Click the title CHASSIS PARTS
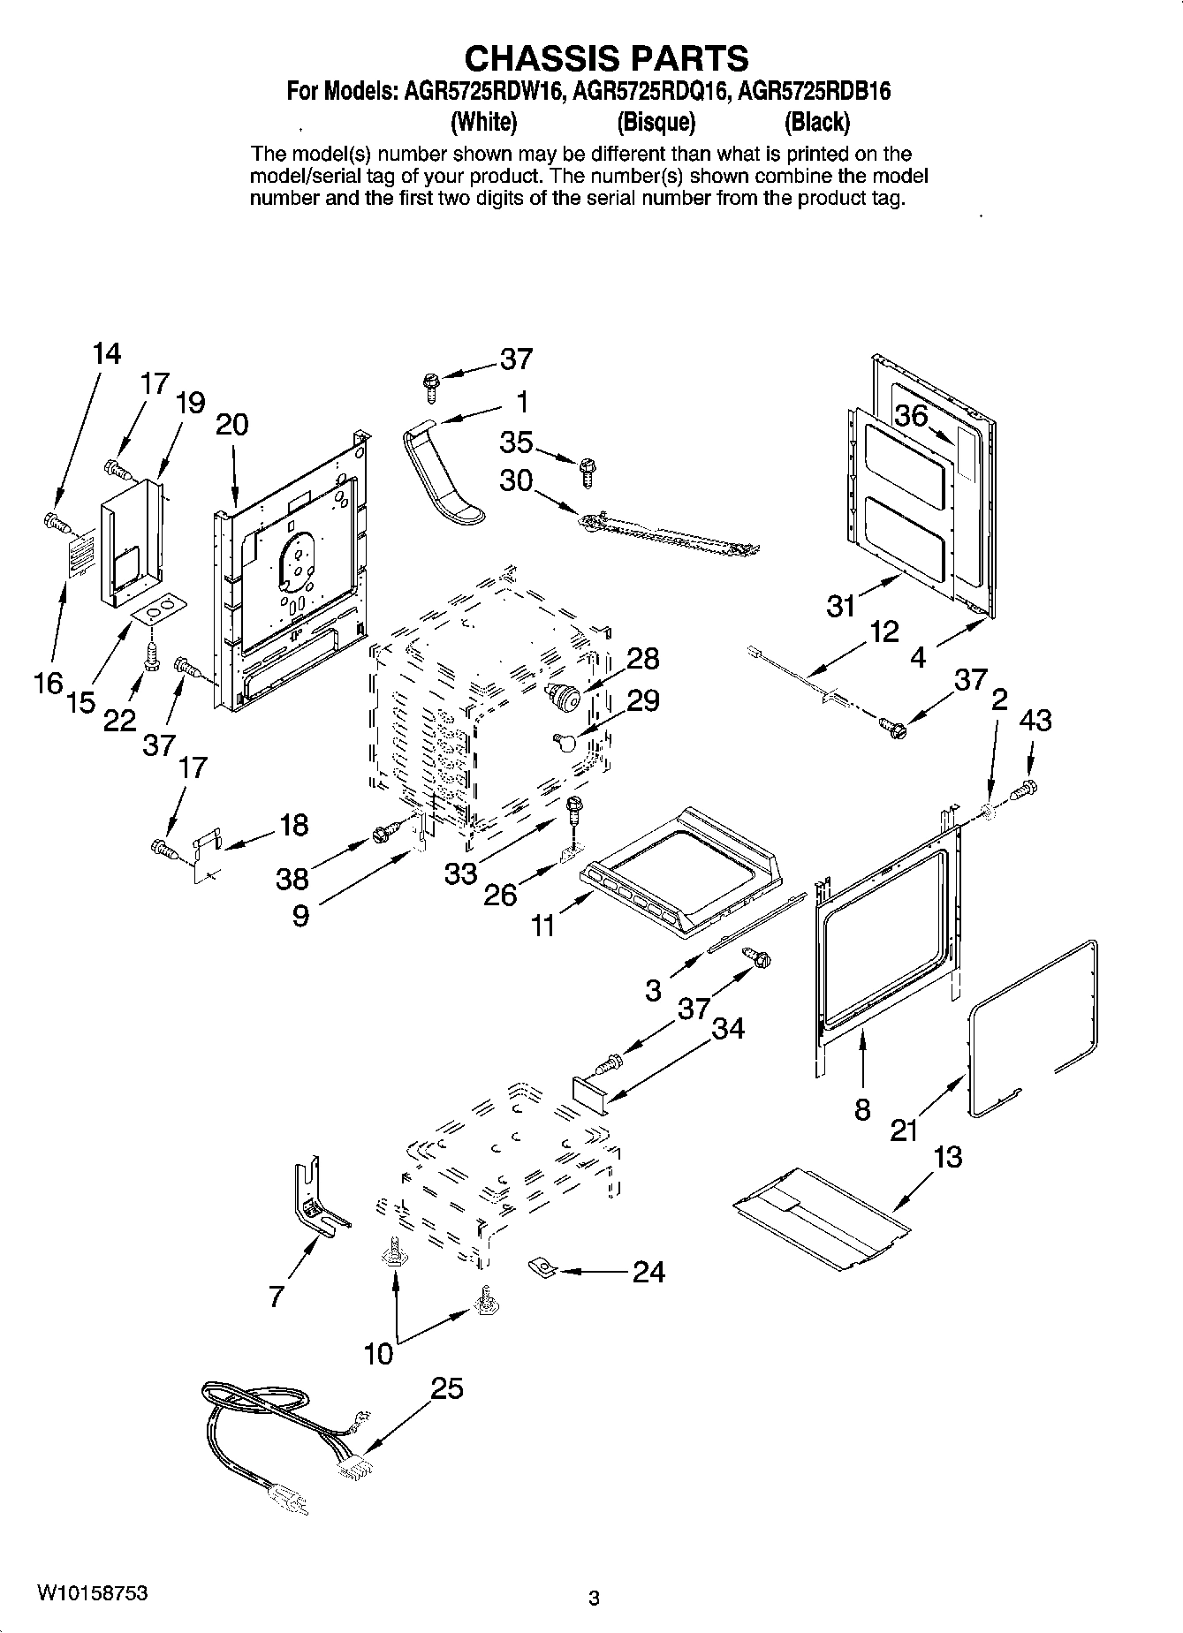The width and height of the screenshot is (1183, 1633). click(606, 58)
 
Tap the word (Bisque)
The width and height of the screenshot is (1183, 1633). click(656, 121)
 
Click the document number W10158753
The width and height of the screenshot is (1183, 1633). click(92, 1594)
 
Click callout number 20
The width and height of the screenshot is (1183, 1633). click(231, 425)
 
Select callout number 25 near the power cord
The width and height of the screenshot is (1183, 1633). click(447, 1388)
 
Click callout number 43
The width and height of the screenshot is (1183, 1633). click(1035, 721)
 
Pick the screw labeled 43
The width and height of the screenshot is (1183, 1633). click(1025, 789)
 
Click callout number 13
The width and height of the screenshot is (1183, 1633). click(947, 1157)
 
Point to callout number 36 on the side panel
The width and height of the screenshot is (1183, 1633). click(912, 415)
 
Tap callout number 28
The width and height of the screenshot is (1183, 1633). click(643, 658)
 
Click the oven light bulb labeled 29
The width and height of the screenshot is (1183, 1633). click(565, 740)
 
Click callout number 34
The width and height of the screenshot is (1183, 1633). click(728, 1028)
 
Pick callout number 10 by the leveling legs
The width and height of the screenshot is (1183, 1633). click(378, 1354)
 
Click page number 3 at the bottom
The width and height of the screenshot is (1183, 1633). click(594, 1597)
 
